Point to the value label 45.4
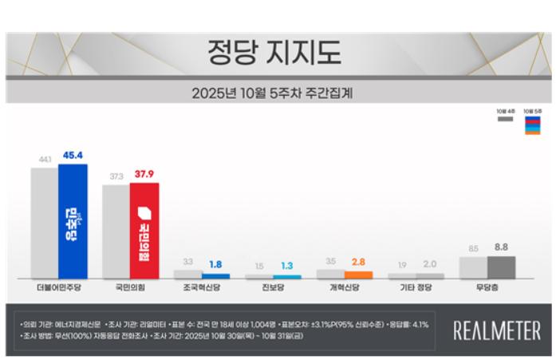tap(73, 156)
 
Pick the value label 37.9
tap(145, 174)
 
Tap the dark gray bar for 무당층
tap(501, 267)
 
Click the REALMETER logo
tap(496, 330)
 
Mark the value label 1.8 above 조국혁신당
tap(216, 264)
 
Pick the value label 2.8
tap(359, 261)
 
